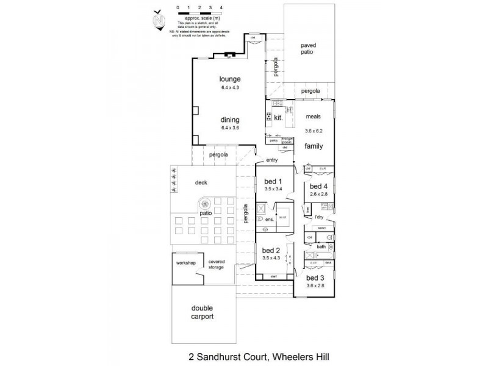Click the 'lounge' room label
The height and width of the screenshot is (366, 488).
(x=231, y=79)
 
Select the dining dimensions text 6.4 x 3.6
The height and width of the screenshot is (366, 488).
(x=231, y=129)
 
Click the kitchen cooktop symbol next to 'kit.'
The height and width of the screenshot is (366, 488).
(x=269, y=117)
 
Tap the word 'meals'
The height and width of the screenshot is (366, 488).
(x=313, y=117)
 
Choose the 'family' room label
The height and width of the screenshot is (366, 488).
(x=314, y=146)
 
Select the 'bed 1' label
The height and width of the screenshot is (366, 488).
(x=273, y=181)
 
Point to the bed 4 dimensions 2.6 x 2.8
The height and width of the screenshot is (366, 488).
(x=319, y=194)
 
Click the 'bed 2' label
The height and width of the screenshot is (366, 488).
(x=271, y=250)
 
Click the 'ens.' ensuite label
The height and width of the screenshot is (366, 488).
(x=269, y=219)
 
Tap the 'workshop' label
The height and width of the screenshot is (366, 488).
(x=185, y=263)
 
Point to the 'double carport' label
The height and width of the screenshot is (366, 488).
(x=201, y=314)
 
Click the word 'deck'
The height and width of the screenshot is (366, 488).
(x=201, y=182)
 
